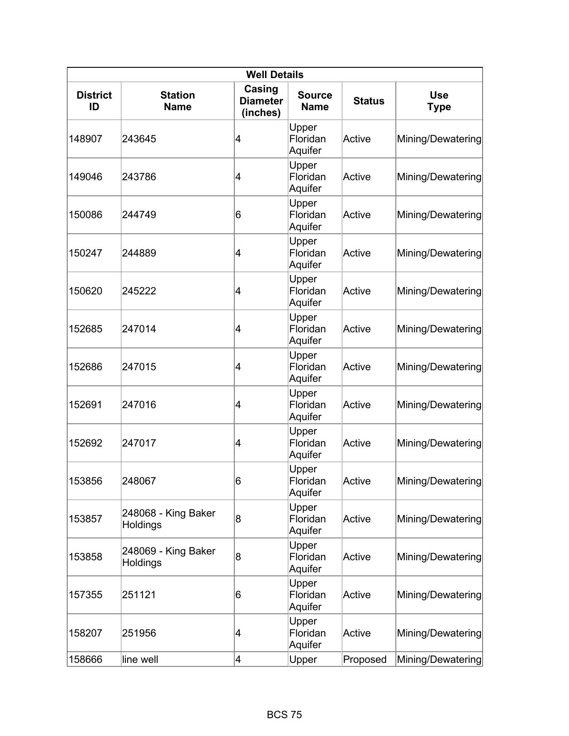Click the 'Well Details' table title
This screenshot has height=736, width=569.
click(x=274, y=74)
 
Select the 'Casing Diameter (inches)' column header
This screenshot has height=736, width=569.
click(x=261, y=101)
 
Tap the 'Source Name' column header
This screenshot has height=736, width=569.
click(x=315, y=101)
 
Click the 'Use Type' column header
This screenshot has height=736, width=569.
click(x=439, y=101)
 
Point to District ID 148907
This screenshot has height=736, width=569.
click(x=85, y=139)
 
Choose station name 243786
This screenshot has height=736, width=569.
click(x=139, y=177)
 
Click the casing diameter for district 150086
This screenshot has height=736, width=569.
click(x=238, y=215)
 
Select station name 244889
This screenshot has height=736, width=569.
click(x=139, y=253)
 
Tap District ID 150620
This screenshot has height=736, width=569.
click(x=85, y=291)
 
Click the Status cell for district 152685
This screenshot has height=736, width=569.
click(x=357, y=329)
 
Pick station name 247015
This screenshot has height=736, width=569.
click(x=139, y=367)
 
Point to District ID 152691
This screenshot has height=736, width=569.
click(x=85, y=405)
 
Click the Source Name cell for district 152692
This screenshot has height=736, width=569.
click(x=307, y=443)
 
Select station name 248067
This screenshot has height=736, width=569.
click(x=139, y=481)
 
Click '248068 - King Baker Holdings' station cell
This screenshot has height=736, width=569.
click(x=169, y=519)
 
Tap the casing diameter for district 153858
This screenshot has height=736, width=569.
click(x=238, y=557)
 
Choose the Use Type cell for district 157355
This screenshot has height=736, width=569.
click(x=439, y=595)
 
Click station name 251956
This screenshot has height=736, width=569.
click(x=139, y=633)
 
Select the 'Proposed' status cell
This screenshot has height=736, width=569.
click(x=365, y=659)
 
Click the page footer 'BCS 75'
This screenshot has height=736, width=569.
click(x=284, y=715)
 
